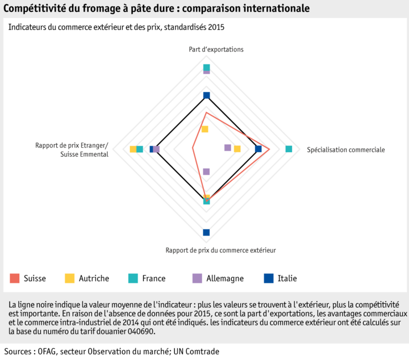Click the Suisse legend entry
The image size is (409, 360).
pyautogui.click(x=28, y=278)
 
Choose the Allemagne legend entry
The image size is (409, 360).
pyautogui.click(x=218, y=278)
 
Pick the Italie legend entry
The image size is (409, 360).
pyautogui.click(x=281, y=278)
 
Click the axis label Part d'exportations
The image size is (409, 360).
pyautogui.click(x=216, y=49)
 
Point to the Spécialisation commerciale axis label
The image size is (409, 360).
pyautogui.click(x=345, y=150)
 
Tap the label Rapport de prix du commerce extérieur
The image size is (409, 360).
pyautogui.click(x=220, y=250)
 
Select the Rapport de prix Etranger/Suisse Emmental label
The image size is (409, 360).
pyautogui.click(x=72, y=150)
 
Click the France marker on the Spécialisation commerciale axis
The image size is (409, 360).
pyautogui.click(x=289, y=149)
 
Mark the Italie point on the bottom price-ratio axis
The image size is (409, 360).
pyautogui.click(x=206, y=232)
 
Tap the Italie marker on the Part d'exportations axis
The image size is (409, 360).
pyautogui.click(x=206, y=95)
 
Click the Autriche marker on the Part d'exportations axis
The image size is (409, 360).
pyautogui.click(x=204, y=129)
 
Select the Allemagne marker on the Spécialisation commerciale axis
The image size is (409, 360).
pyautogui.click(x=228, y=148)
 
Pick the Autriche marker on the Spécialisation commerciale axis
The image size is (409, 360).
pyautogui.click(x=237, y=149)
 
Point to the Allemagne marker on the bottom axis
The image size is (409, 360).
pyautogui.click(x=206, y=171)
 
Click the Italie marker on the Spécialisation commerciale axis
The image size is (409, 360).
pyautogui.click(x=258, y=149)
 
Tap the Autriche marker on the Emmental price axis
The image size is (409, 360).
pyautogui.click(x=133, y=149)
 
